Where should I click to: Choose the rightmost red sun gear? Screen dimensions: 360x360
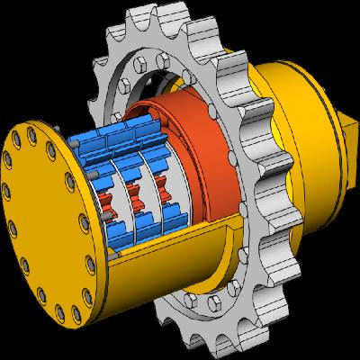165,190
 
